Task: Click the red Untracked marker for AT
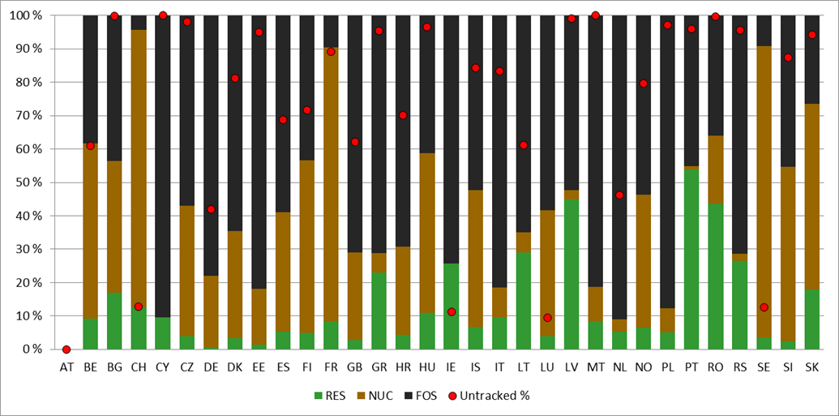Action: [66, 350]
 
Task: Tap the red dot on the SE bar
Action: [764, 307]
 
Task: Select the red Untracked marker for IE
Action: [451, 311]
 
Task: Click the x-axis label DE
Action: [211, 367]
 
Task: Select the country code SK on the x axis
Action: [812, 367]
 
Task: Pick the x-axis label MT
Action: [595, 367]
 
